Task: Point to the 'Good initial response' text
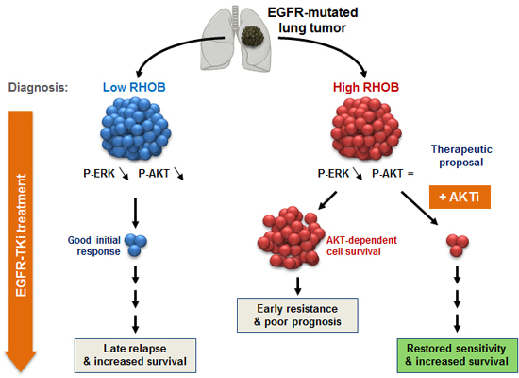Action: pos(92,245)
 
